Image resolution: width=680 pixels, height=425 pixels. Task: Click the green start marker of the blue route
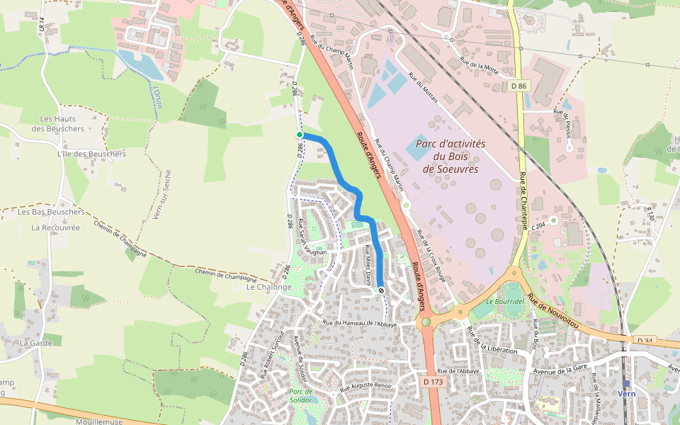[x=300, y=135]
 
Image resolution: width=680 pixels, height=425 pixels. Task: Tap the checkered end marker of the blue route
[x=381, y=290]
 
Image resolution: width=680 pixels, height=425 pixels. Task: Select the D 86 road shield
[x=519, y=86]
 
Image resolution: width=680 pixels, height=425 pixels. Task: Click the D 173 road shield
[x=433, y=382]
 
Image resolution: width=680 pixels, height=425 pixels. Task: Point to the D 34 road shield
[x=645, y=341]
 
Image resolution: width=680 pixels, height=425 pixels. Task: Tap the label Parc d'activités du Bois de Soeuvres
[x=450, y=156]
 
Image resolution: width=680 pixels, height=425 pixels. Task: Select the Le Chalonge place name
[x=268, y=287]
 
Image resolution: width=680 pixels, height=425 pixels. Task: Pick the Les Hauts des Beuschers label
[x=58, y=124]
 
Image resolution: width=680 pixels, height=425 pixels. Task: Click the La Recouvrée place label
[x=56, y=227]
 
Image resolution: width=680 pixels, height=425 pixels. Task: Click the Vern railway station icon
[x=626, y=383]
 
